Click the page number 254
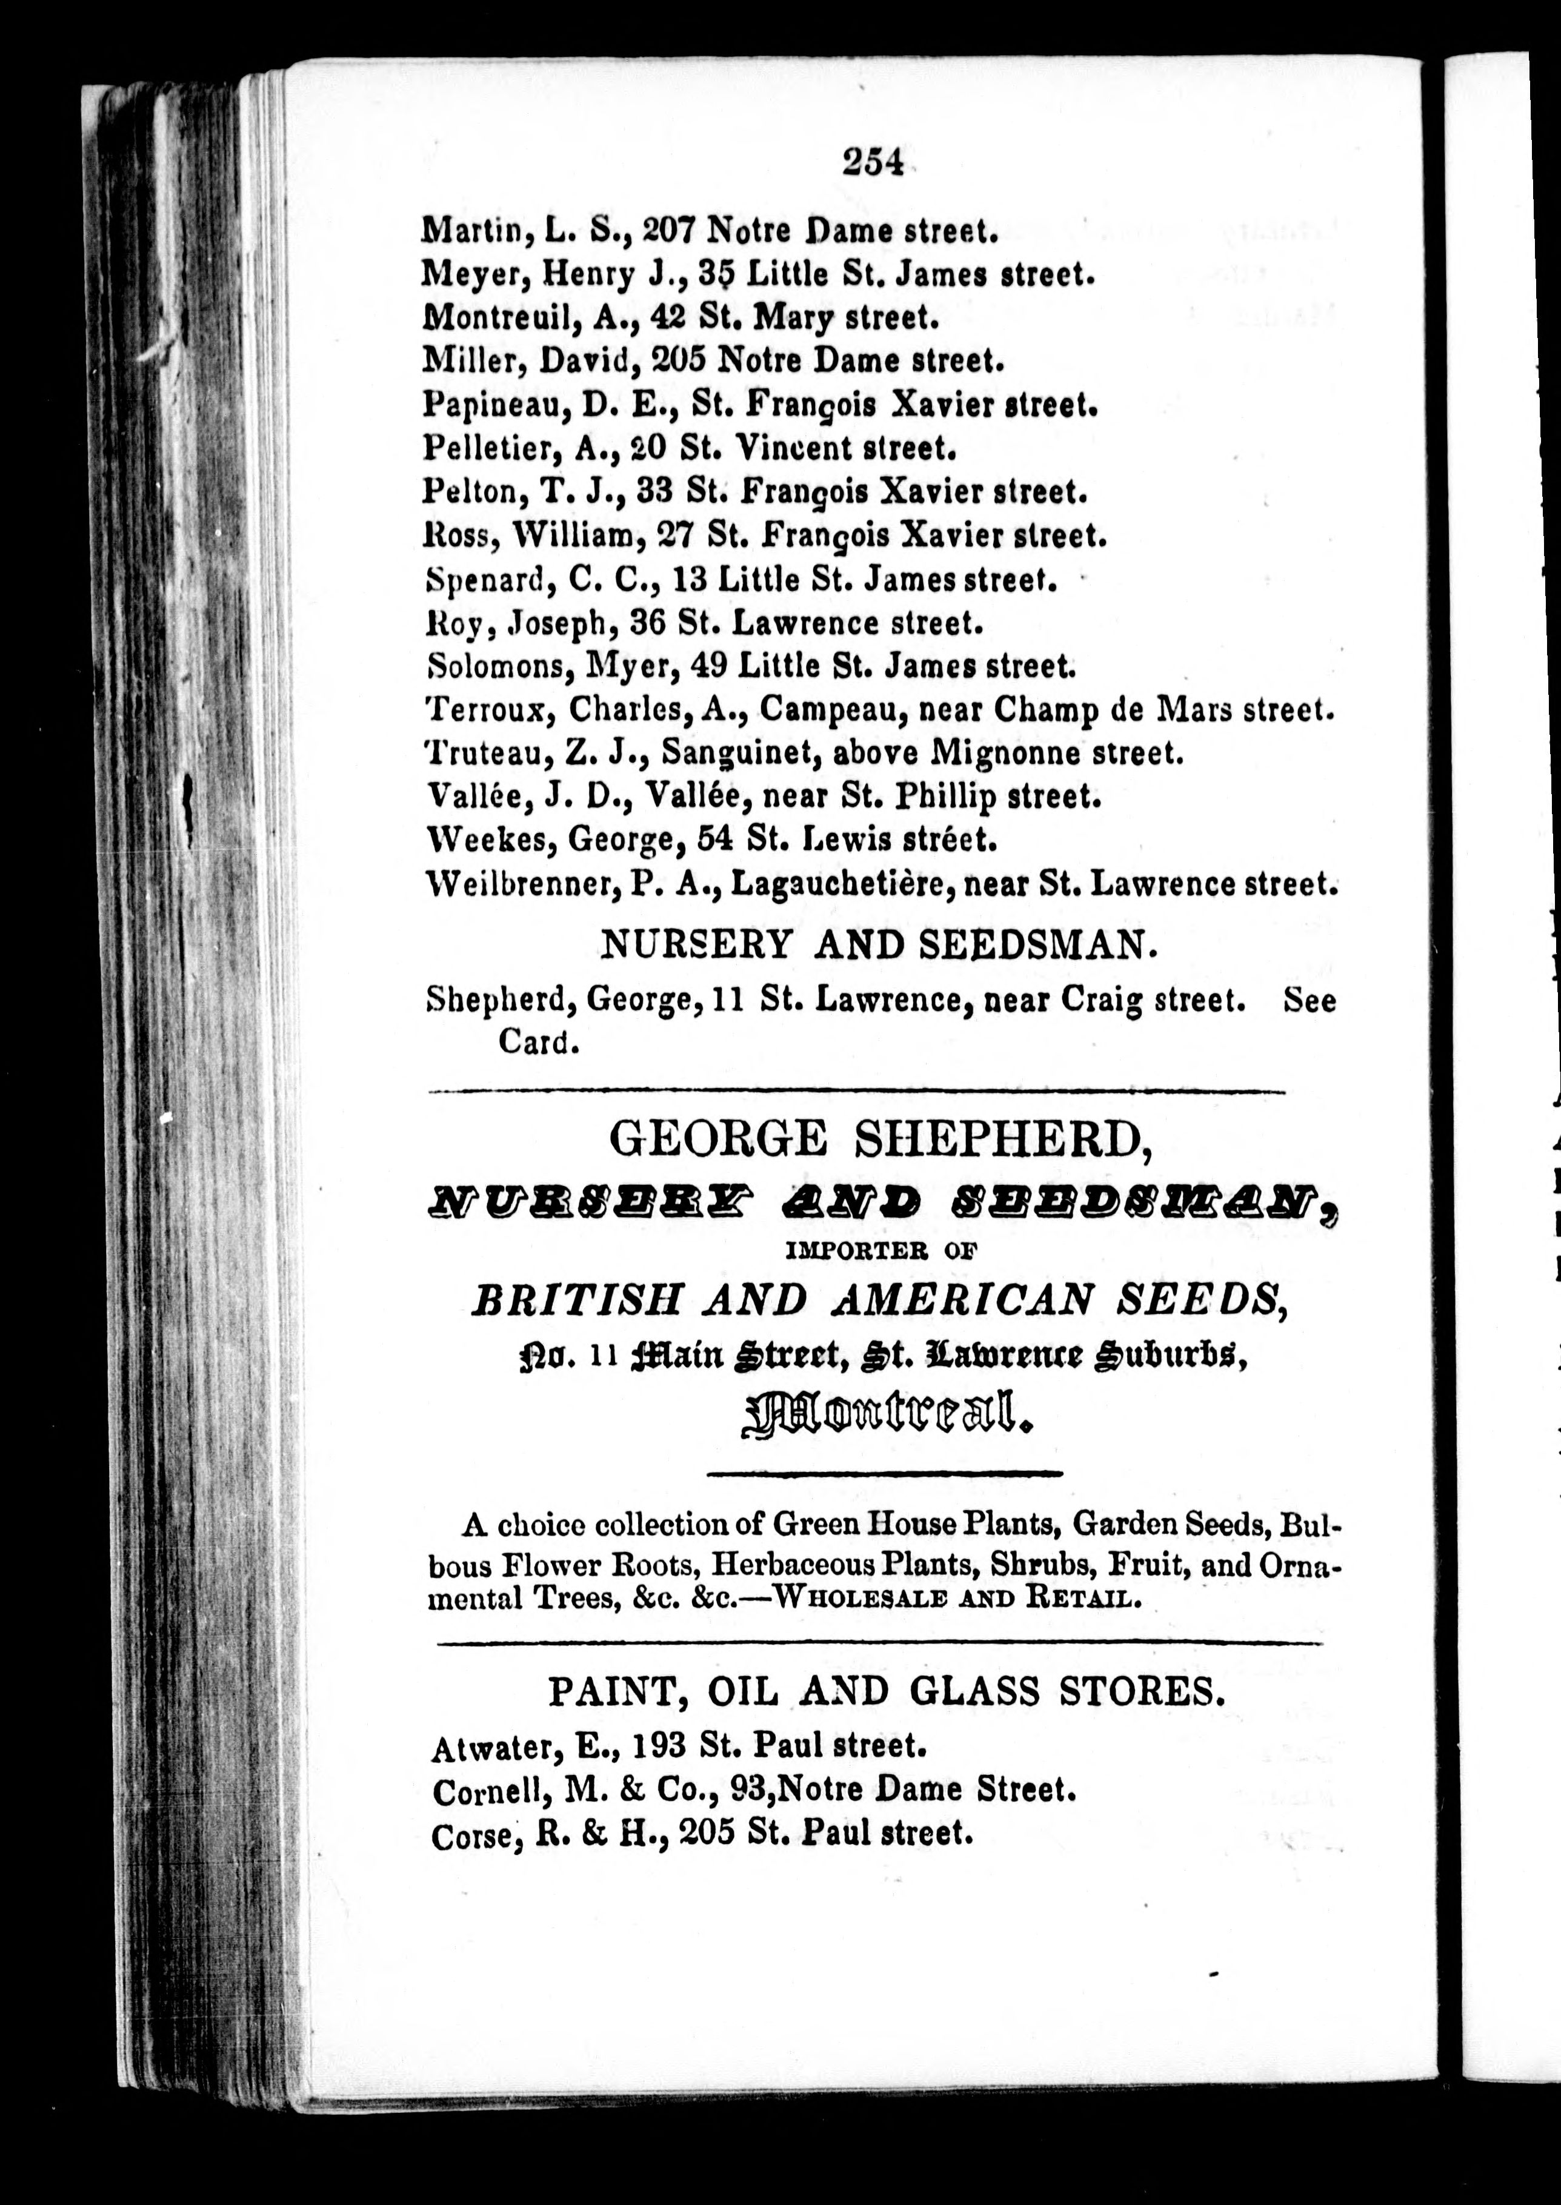coord(873,164)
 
